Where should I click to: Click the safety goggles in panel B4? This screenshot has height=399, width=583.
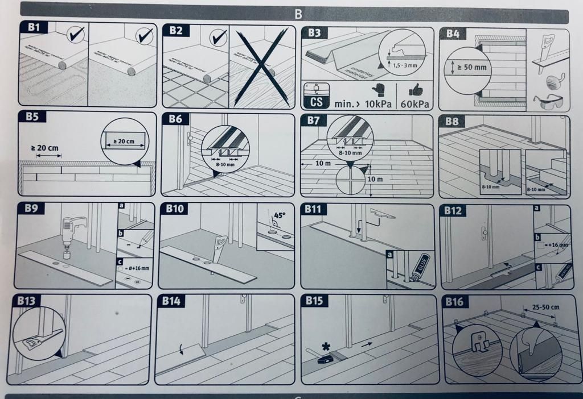[547, 102]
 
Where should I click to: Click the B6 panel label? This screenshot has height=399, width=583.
[175, 118]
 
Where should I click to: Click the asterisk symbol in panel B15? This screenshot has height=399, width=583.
[326, 346]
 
